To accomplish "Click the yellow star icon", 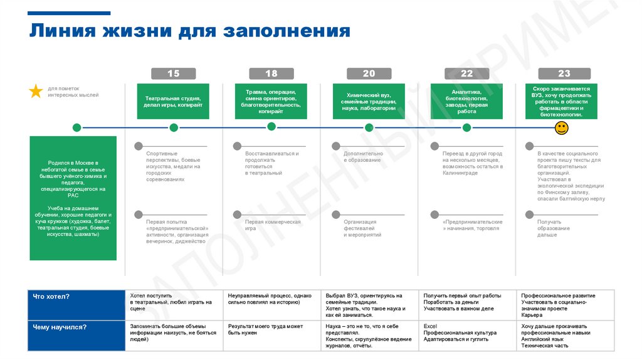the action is (x=36, y=92).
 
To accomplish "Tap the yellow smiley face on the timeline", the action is (x=562, y=128).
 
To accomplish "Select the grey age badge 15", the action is (x=173, y=73).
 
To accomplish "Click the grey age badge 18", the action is (x=271, y=73).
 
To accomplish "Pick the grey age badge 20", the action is (x=369, y=73).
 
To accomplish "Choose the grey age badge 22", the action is (x=466, y=73).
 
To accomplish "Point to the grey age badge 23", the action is (x=564, y=73).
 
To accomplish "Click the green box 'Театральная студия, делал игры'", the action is (x=173, y=101).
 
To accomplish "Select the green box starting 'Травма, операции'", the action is (x=271, y=101).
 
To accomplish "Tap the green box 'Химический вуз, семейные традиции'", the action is (x=369, y=101).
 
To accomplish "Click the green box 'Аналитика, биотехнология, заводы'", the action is (x=466, y=101).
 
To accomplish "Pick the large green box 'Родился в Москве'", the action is (x=73, y=198).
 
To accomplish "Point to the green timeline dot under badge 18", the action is (x=271, y=127).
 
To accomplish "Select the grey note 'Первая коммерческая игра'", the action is (x=273, y=225).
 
